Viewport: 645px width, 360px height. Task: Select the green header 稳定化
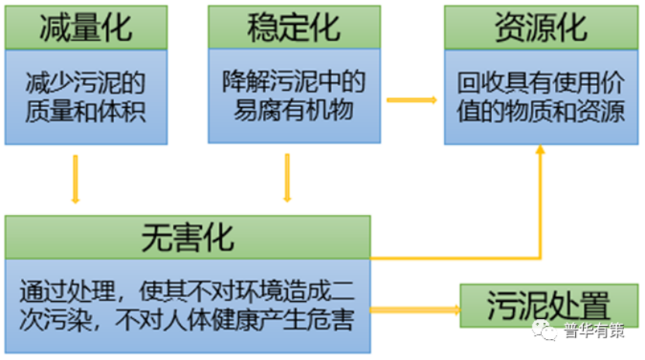tap(293, 28)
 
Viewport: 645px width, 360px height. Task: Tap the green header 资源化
tap(540, 28)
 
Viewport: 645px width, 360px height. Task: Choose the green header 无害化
tap(187, 237)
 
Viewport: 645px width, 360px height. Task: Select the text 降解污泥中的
tap(293, 81)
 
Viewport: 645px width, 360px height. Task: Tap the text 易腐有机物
tap(293, 109)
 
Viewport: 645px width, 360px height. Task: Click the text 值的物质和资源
tap(540, 112)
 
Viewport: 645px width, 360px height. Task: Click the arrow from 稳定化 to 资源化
tap(411, 100)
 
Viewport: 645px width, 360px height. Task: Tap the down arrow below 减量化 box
tap(75, 179)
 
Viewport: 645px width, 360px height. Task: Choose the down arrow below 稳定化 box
tap(287, 178)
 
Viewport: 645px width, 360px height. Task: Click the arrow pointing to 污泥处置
tap(415, 310)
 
